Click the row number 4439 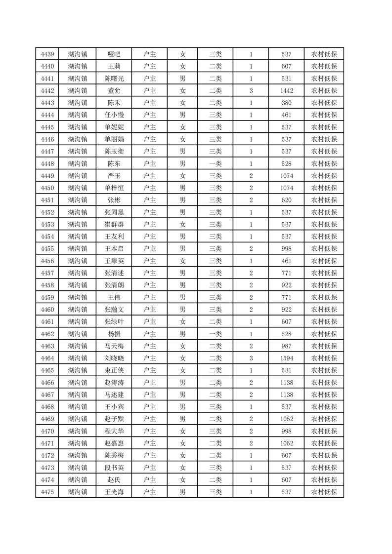47,54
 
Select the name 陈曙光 114,79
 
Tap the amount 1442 286,91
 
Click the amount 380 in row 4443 286,103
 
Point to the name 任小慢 114,115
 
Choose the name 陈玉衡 114,152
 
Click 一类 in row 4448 215,163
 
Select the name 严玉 114,176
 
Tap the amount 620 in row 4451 286,200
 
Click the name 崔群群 114,224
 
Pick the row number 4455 47,248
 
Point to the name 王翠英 114,261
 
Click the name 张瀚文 114,310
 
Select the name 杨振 114,334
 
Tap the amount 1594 286,358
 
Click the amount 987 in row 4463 286,346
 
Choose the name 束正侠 114,370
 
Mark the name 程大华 114,431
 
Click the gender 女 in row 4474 182,479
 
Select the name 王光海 114,492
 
